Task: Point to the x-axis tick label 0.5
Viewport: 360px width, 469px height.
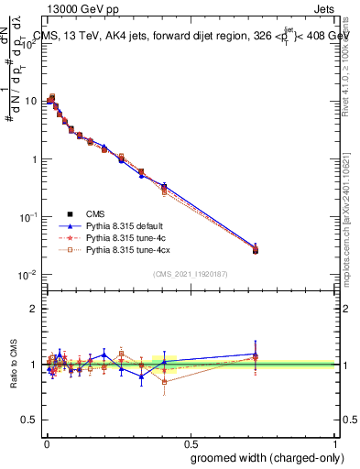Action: (190, 441)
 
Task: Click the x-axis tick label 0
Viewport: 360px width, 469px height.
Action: (45, 441)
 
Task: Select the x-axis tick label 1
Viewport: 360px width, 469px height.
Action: (334, 441)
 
